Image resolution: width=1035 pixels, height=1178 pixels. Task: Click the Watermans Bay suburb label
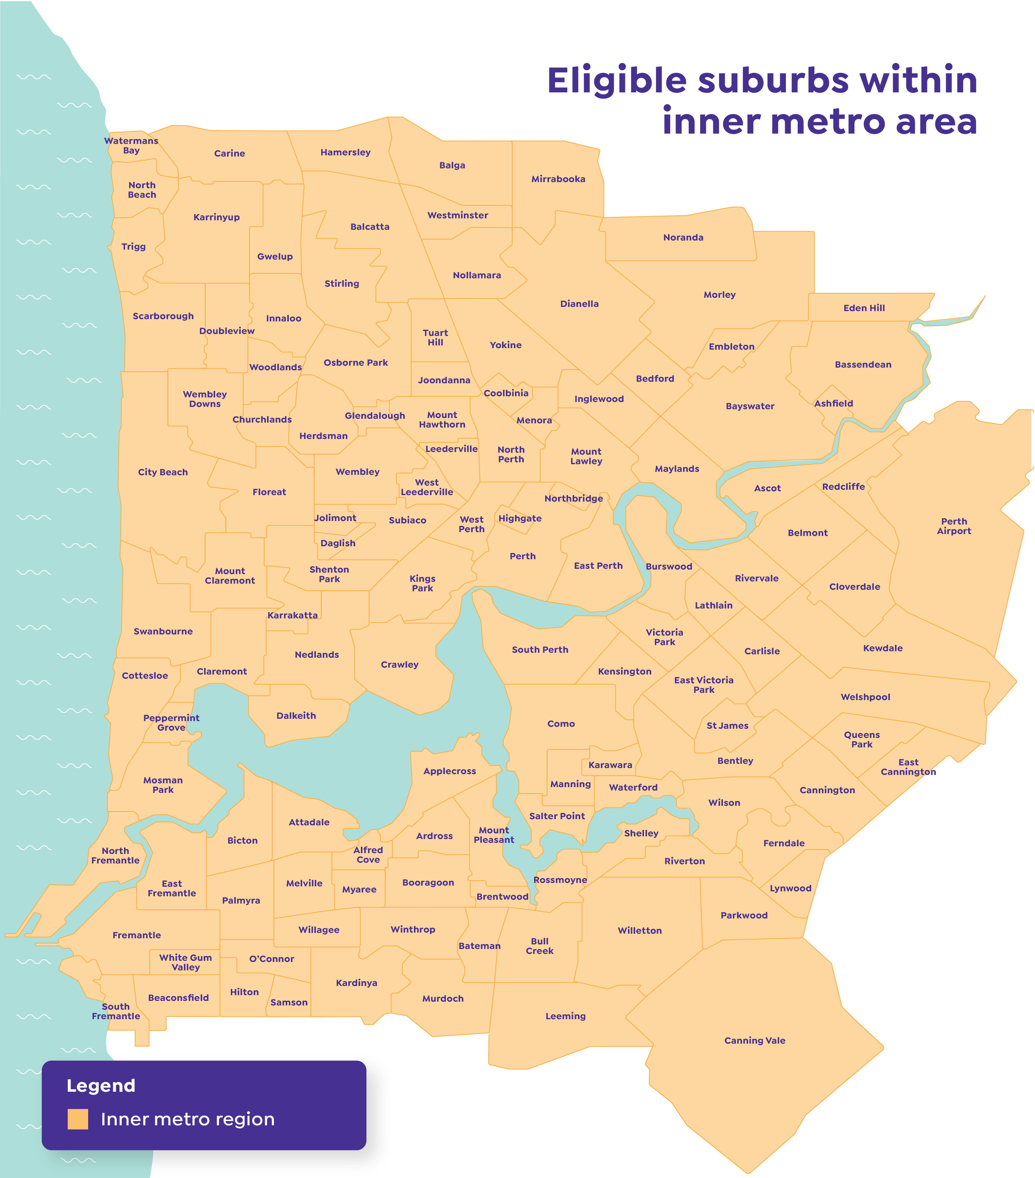point(131,145)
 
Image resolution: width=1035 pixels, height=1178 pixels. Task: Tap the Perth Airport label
point(954,526)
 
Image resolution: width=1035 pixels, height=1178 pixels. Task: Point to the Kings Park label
point(422,583)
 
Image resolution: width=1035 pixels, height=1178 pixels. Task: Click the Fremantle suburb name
point(137,935)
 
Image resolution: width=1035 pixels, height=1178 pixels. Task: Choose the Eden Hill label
point(864,308)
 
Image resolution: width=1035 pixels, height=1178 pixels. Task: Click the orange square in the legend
point(78,1118)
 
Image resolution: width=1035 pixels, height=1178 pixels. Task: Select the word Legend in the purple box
point(101,1085)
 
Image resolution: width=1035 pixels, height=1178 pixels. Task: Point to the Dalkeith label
point(296,715)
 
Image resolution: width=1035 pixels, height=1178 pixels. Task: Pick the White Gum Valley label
point(185,962)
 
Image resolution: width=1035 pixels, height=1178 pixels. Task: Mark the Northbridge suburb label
point(574,498)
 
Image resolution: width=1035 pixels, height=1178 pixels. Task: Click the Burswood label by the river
point(669,566)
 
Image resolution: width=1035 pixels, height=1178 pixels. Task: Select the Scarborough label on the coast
point(163,316)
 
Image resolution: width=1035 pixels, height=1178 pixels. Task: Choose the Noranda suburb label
point(683,237)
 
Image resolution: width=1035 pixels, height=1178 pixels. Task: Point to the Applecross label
point(449,771)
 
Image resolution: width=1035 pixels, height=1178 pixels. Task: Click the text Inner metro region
point(188,1118)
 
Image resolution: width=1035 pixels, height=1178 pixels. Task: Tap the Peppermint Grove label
point(171,722)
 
